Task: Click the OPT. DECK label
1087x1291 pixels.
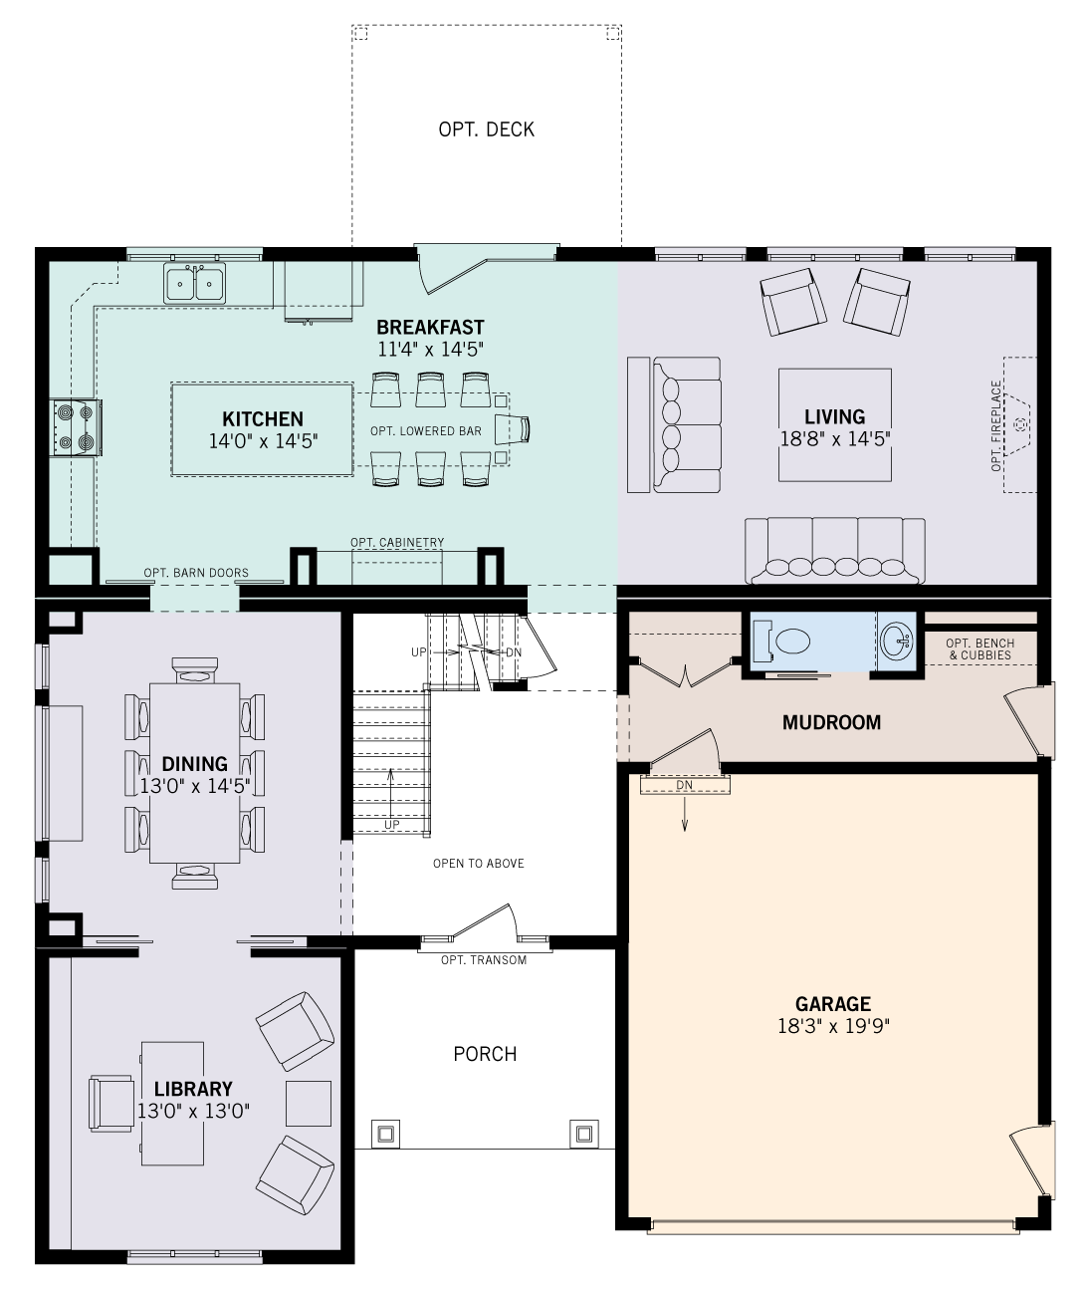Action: tap(486, 129)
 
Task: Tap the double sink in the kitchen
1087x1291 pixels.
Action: tap(194, 283)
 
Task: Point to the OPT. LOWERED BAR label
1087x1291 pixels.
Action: tap(425, 431)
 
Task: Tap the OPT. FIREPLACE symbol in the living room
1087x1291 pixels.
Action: tap(1020, 424)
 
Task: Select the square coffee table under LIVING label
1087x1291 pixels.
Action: tap(834, 425)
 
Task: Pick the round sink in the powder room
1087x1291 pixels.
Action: tap(896, 639)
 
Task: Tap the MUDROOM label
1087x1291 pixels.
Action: tap(831, 722)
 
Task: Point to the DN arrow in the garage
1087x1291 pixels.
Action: tap(685, 812)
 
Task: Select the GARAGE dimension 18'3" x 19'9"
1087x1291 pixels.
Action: tap(832, 1026)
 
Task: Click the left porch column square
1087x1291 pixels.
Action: tap(385, 1133)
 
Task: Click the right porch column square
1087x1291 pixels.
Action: tap(583, 1133)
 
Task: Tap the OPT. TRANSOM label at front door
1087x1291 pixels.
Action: tap(484, 960)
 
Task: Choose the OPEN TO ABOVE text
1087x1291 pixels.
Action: tap(478, 864)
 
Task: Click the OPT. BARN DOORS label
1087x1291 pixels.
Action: tap(196, 573)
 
